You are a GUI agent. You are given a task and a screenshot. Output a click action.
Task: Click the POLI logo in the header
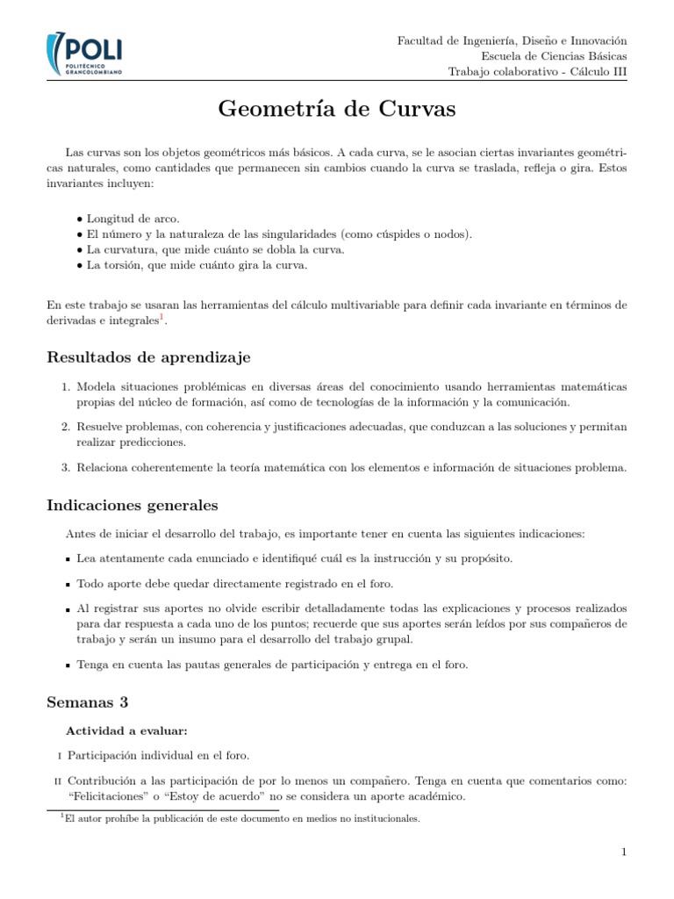click(x=84, y=55)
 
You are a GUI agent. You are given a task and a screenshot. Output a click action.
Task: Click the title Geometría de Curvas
click(x=336, y=110)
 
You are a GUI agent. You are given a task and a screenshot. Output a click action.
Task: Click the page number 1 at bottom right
click(x=623, y=852)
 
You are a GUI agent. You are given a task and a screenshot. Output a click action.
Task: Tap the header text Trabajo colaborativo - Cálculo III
click(x=537, y=72)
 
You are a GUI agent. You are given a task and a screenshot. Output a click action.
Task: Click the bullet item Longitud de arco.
click(x=133, y=219)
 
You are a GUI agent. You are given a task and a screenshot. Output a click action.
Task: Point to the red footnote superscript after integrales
click(x=161, y=317)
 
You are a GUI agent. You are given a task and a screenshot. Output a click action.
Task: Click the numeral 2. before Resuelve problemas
click(x=65, y=427)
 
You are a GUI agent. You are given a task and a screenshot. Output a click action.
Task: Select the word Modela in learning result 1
click(x=96, y=387)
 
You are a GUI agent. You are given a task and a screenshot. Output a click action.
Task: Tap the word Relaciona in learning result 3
click(x=103, y=468)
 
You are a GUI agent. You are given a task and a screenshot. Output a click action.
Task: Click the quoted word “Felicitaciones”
click(x=107, y=797)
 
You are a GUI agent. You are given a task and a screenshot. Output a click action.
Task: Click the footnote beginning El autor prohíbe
click(x=242, y=819)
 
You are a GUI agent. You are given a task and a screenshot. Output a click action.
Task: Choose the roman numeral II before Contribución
click(x=58, y=781)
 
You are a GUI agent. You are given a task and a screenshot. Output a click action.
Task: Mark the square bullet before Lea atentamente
click(x=68, y=559)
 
